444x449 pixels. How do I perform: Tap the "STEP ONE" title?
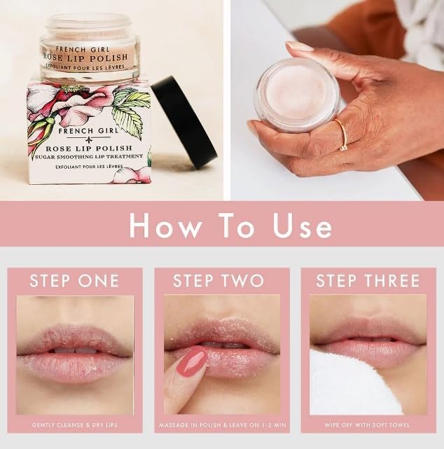74,281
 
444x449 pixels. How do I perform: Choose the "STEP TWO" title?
218,281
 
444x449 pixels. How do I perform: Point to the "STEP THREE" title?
368,281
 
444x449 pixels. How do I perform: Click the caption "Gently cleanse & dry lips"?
74,425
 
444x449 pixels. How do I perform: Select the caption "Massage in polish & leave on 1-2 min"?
222,425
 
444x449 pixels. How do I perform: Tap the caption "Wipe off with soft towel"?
368,425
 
